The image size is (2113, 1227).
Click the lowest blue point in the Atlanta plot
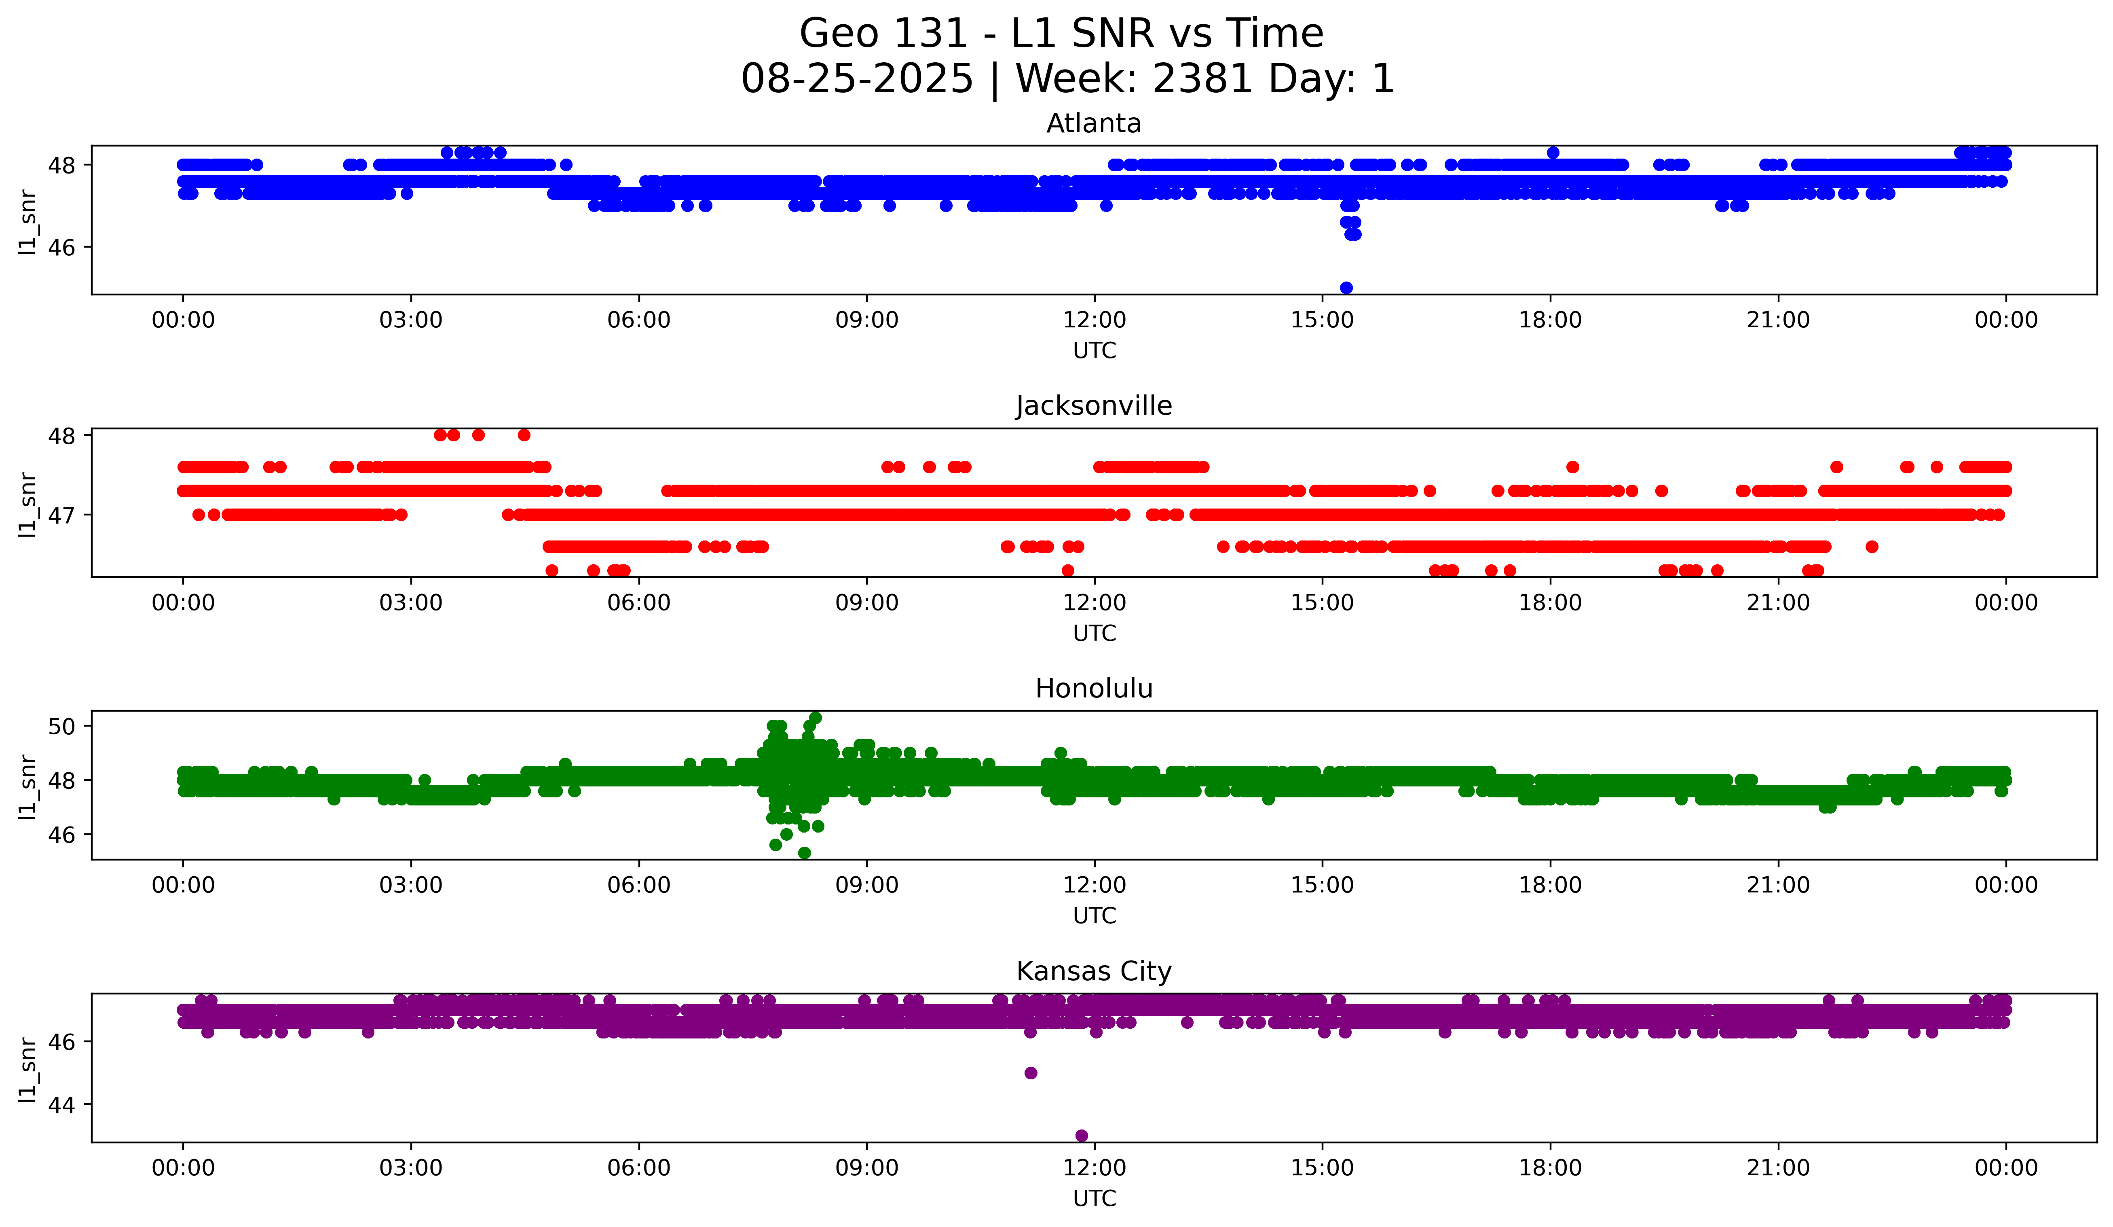coord(1346,288)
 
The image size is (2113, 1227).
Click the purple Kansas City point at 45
coord(1031,1073)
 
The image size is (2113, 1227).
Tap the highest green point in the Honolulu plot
coord(815,718)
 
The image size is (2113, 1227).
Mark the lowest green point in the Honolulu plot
coord(804,853)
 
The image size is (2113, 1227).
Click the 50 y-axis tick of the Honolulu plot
coord(61,726)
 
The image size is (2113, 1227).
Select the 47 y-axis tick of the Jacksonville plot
coord(61,515)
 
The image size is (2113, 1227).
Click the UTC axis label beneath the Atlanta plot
coord(1094,351)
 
